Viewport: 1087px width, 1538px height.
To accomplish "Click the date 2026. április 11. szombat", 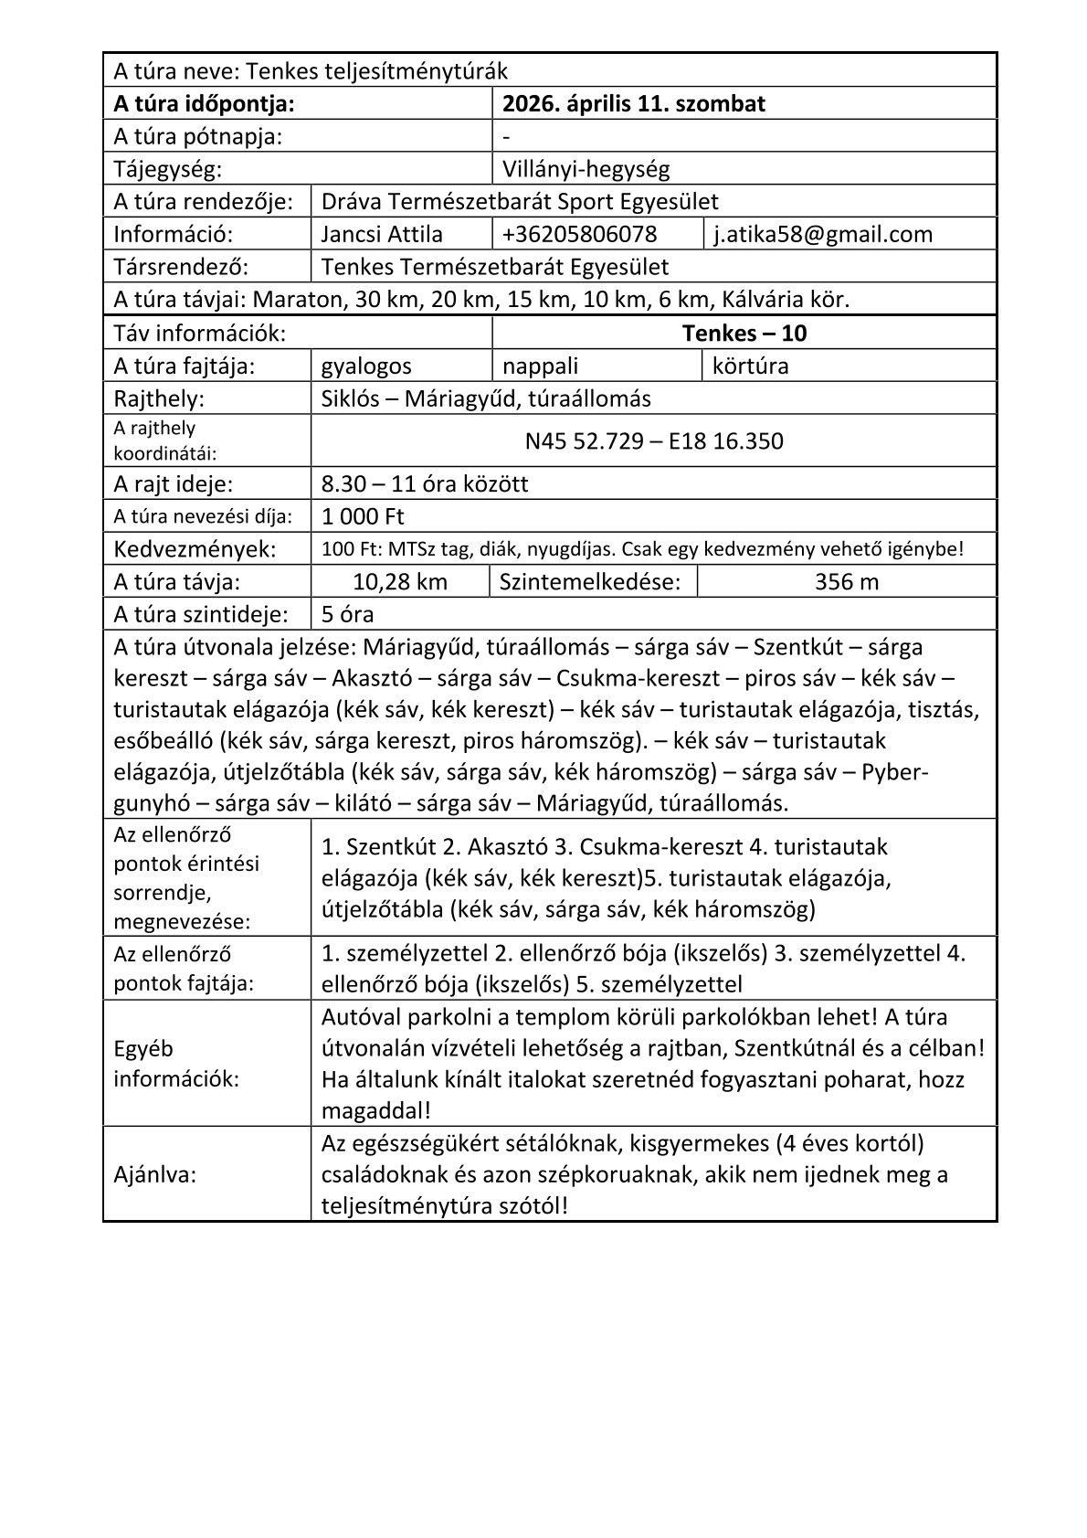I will [634, 103].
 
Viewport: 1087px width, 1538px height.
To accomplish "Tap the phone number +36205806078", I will [579, 234].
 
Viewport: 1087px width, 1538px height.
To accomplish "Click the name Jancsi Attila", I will [382, 234].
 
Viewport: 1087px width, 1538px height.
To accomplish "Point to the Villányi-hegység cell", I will [586, 169].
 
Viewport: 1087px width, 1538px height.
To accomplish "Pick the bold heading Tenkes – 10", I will [744, 333].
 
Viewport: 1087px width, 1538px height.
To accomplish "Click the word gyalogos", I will [366, 366].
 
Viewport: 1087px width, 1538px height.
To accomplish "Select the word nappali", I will [541, 366].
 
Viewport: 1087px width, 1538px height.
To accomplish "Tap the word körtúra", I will [750, 366].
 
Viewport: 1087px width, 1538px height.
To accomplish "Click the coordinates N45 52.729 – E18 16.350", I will [654, 441].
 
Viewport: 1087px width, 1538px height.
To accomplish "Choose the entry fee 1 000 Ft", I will [363, 516].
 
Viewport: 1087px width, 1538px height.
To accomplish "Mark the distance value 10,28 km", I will [400, 581].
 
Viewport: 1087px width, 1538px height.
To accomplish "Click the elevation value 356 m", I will [847, 581].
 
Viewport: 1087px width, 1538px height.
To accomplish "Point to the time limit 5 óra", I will [348, 614].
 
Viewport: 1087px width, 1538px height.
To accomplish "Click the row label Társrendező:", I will [181, 267].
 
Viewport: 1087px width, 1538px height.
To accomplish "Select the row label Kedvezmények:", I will [195, 549].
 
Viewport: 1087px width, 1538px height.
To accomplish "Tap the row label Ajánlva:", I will [155, 1174].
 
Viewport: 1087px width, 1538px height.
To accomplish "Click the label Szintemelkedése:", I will [590, 581].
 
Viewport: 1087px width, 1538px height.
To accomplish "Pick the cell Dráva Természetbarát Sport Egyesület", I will [520, 201].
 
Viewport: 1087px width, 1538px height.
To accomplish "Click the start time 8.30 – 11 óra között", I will [425, 483].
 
